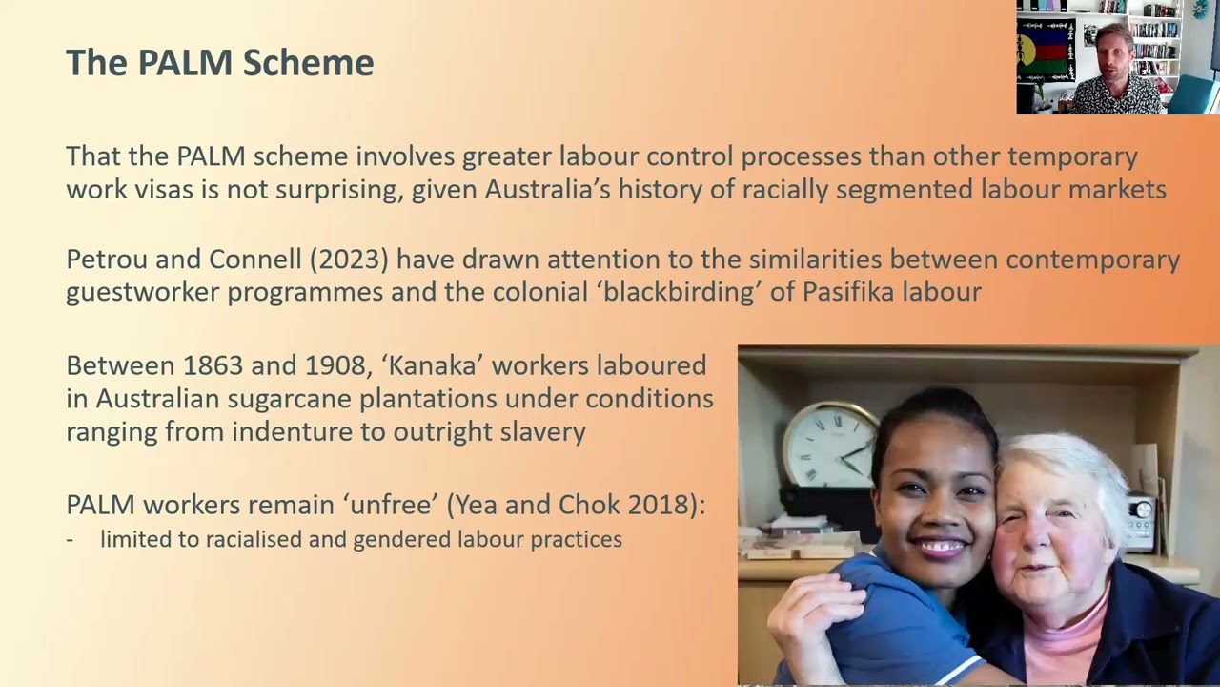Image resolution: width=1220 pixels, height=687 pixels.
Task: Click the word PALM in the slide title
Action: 185,62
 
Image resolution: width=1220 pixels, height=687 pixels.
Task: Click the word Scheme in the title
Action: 308,62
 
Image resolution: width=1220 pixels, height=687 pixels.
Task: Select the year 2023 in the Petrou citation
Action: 349,259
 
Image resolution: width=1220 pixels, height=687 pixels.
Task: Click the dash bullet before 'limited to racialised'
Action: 70,541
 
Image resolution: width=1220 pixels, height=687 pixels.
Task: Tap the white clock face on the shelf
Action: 829,445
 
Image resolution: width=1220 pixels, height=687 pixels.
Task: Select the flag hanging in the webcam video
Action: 1046,52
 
